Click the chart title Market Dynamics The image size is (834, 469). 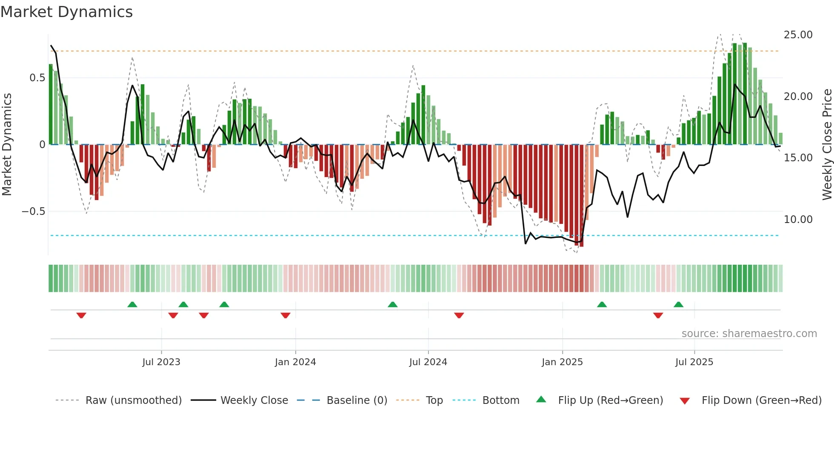point(67,12)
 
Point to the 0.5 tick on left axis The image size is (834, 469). point(37,78)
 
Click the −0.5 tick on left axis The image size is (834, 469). point(34,212)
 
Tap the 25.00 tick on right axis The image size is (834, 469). point(798,35)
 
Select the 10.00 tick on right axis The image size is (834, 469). point(798,220)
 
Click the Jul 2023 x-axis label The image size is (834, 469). point(161,362)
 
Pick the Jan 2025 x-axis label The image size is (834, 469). point(562,362)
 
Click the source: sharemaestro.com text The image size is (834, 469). point(749,334)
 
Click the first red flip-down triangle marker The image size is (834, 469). point(81,315)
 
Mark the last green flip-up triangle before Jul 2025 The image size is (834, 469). point(678,304)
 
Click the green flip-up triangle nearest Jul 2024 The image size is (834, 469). point(393,304)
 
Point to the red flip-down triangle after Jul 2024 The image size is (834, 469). point(459,315)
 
